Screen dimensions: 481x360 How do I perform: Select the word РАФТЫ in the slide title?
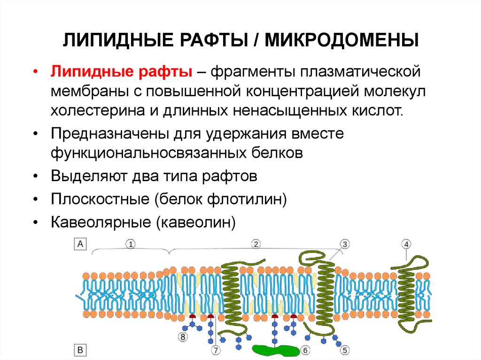coord(214,40)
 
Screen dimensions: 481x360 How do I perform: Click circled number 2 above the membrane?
coord(256,244)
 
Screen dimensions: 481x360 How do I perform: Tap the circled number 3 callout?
coord(344,244)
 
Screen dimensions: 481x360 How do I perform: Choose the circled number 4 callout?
coord(406,244)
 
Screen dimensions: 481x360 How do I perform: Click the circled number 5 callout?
coord(345,350)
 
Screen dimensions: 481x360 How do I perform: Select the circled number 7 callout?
coord(216,350)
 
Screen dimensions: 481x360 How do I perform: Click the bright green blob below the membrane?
coord(275,350)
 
